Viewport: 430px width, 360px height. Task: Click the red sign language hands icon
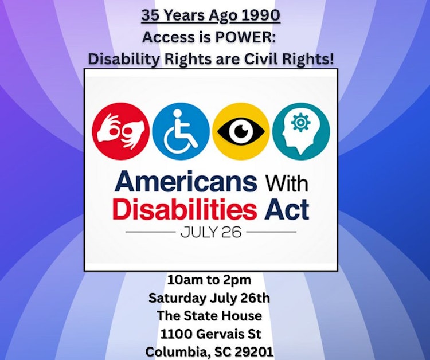click(x=122, y=131)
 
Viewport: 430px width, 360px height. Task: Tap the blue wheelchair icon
click(x=181, y=131)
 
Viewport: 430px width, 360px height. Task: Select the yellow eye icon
click(x=241, y=131)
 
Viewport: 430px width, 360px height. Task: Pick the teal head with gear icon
click(x=301, y=131)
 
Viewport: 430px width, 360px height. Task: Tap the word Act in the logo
click(x=288, y=209)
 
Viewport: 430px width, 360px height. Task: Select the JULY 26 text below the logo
click(x=210, y=233)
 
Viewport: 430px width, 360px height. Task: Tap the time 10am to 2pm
click(x=210, y=280)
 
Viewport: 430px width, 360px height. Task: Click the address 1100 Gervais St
click(x=210, y=333)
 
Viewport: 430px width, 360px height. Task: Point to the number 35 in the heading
click(x=151, y=15)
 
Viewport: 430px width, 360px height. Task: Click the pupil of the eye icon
click(x=241, y=131)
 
